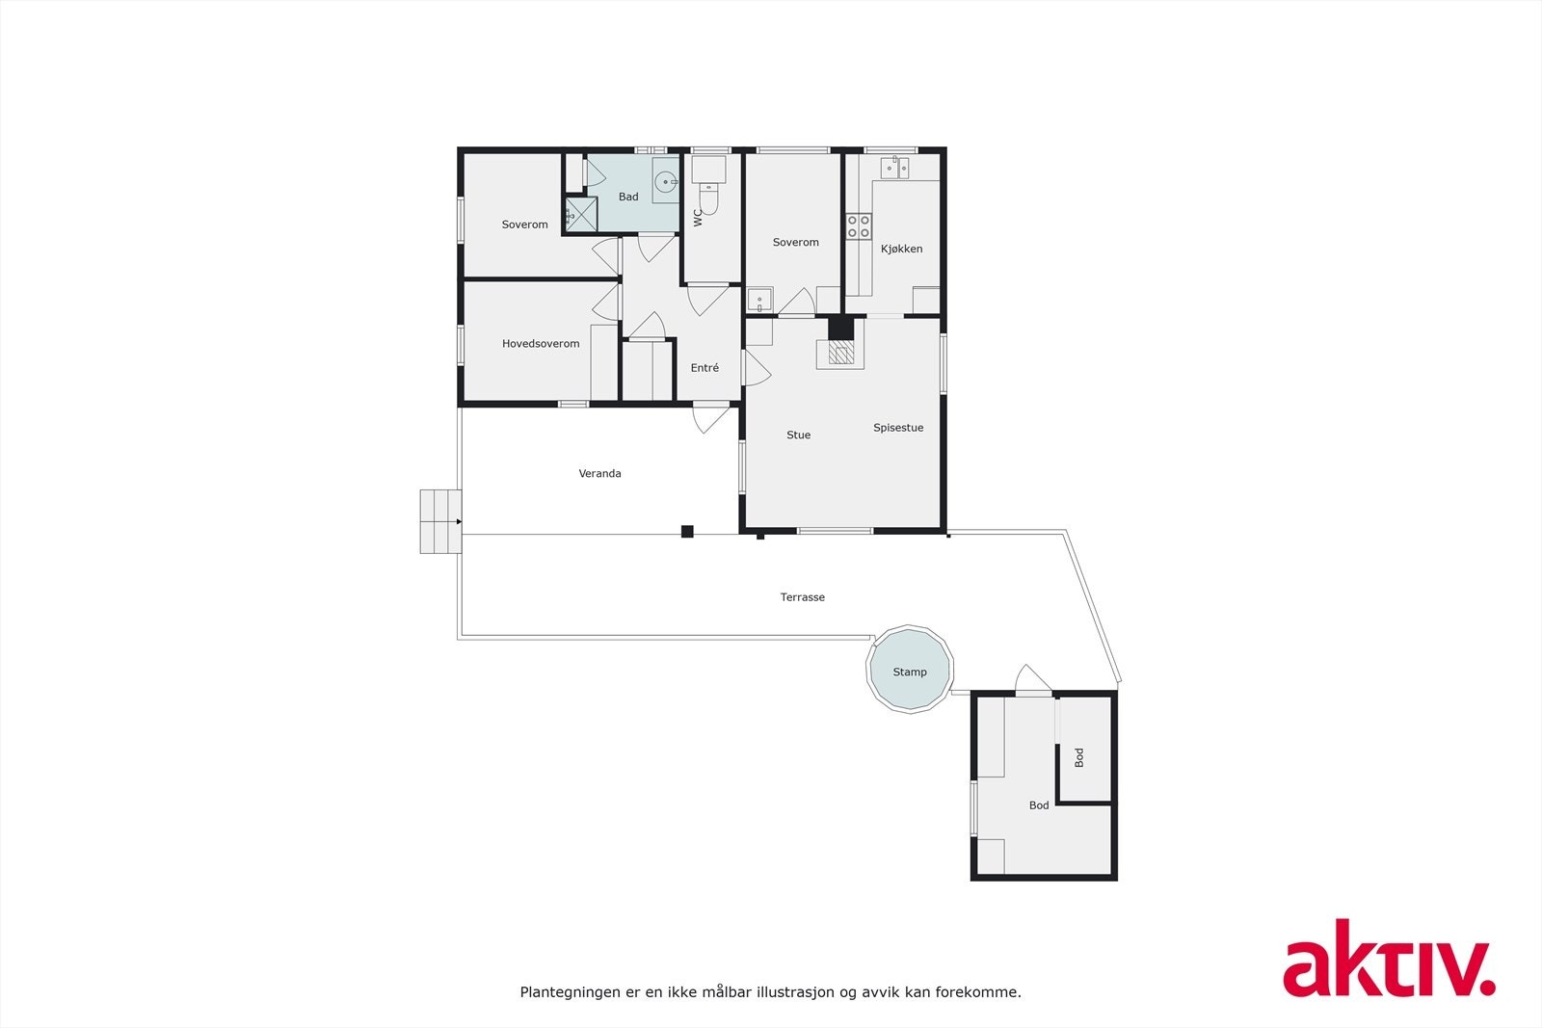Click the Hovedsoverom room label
[x=541, y=344]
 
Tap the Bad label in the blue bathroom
[x=628, y=197]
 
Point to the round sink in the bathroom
[x=665, y=181]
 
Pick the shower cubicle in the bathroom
[x=580, y=215]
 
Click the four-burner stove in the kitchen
[x=859, y=226]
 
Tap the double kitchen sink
[x=894, y=169]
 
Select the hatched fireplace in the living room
[x=841, y=354]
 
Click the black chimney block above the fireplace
[x=841, y=329]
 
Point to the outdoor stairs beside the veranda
[x=440, y=521]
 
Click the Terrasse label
[x=803, y=597]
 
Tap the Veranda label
[x=599, y=473]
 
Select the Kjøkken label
[x=901, y=249]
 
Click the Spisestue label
[x=898, y=428]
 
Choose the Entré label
[x=705, y=368]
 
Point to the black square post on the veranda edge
[x=687, y=531]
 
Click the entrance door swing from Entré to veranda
[x=711, y=418]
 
